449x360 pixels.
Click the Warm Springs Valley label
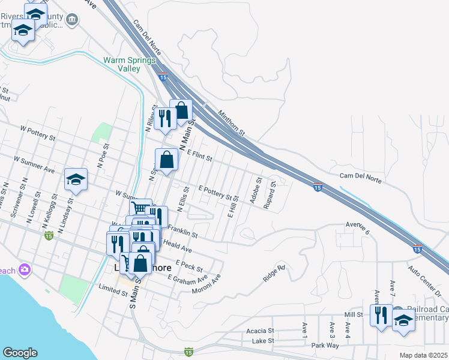(x=130, y=64)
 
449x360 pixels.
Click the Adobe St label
(x=259, y=188)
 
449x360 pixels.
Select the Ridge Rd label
(x=274, y=274)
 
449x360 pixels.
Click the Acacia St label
(x=260, y=331)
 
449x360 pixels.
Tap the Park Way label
(x=325, y=346)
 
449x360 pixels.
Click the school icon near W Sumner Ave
(x=76, y=179)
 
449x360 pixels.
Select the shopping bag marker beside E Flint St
(x=167, y=160)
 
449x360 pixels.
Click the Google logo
(x=20, y=353)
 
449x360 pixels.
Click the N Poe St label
(x=103, y=155)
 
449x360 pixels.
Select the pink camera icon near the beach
(x=25, y=270)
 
